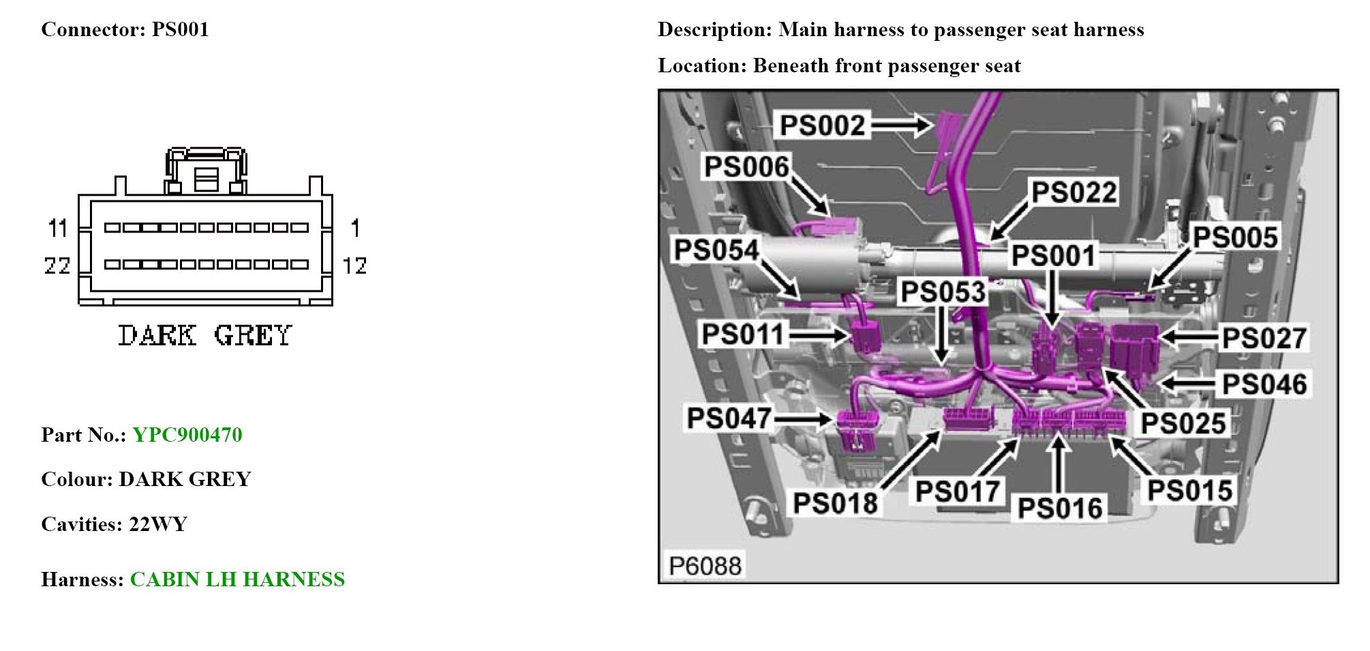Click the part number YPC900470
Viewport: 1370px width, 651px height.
(x=187, y=435)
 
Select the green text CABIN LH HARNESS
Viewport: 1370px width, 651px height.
(x=237, y=579)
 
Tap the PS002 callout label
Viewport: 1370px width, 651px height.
(x=822, y=125)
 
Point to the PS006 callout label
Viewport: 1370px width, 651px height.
(x=746, y=167)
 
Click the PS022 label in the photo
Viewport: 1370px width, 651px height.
(x=1074, y=193)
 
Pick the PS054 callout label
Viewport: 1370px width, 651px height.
(x=716, y=250)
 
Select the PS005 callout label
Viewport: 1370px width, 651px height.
(x=1235, y=238)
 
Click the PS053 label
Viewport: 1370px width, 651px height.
(x=943, y=292)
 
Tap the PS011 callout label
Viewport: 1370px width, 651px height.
(x=743, y=335)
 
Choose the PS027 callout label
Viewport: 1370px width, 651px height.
(x=1264, y=338)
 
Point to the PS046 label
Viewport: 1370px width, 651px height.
(x=1264, y=384)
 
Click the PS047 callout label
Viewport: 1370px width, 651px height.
(x=729, y=419)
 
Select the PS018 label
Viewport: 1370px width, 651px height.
(x=835, y=504)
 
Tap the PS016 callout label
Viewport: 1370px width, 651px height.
(x=1059, y=509)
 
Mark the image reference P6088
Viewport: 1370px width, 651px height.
(x=705, y=566)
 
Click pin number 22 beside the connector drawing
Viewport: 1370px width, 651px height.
(x=57, y=265)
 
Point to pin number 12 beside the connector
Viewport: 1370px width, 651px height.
(x=354, y=265)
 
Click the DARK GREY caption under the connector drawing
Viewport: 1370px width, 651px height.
(x=204, y=335)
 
